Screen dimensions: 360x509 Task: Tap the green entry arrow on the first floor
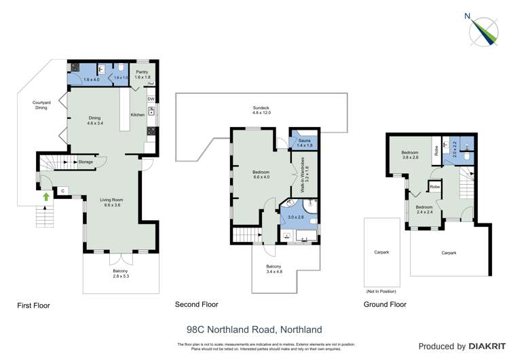(x=46, y=198)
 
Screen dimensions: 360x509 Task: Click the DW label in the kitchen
(x=151, y=100)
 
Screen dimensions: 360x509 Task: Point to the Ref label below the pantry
(x=152, y=84)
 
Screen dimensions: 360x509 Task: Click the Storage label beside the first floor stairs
(x=86, y=162)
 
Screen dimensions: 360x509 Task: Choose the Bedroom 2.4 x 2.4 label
(x=424, y=209)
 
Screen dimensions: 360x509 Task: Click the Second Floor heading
(x=196, y=305)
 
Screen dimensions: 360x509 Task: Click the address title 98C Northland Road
(x=254, y=329)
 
